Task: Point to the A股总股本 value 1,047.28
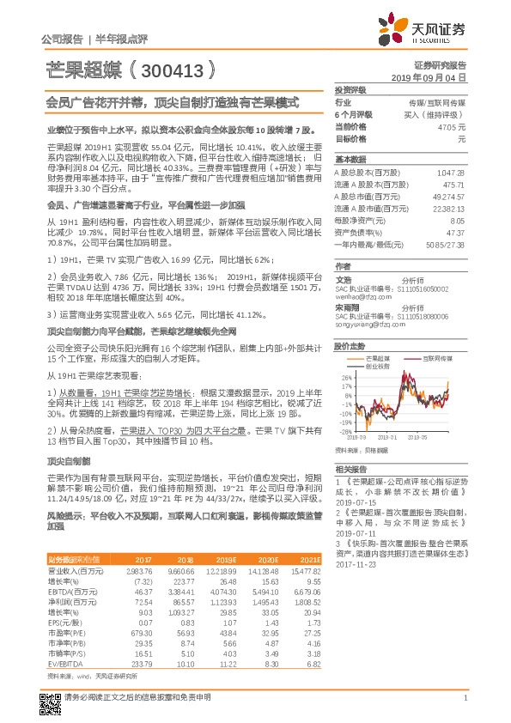pos(450,173)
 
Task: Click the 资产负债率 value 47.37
pos(453,232)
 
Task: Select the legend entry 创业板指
pos(378,364)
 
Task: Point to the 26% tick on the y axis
pos(347,377)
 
